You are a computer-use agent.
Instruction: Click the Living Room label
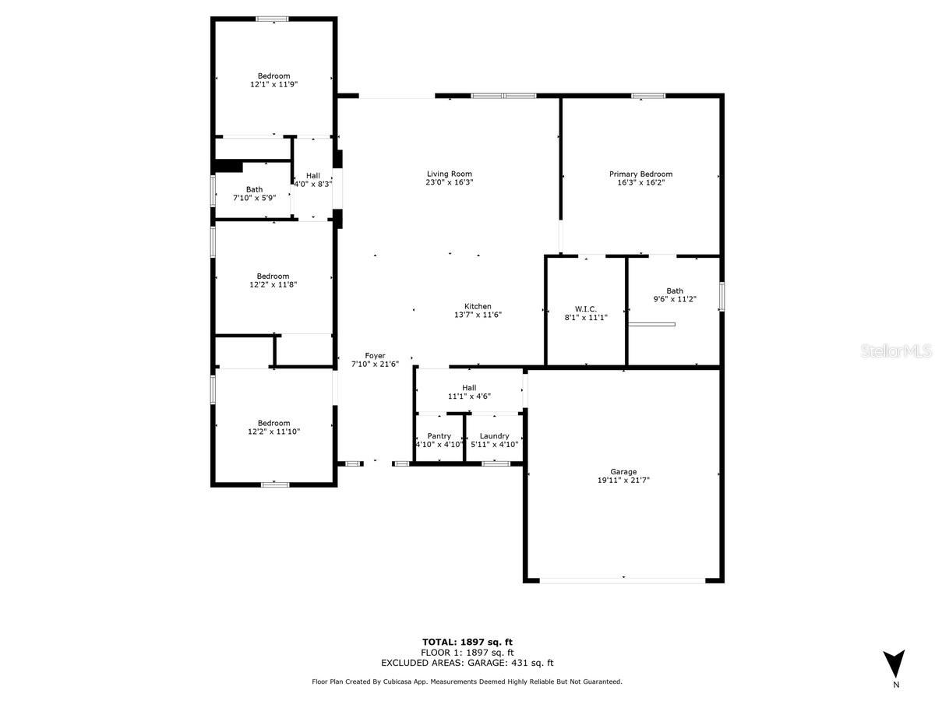[x=449, y=174]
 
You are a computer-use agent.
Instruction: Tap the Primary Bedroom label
[x=640, y=174]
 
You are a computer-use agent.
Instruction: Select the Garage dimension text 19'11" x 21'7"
[x=623, y=480]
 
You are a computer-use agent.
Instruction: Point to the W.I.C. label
[x=586, y=309]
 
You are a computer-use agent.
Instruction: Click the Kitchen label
[x=478, y=306]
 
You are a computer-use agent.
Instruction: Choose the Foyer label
[x=375, y=355]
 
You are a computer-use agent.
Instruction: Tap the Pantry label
[x=439, y=436]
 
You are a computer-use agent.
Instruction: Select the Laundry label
[x=494, y=436]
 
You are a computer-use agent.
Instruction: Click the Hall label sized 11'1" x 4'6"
[x=469, y=388]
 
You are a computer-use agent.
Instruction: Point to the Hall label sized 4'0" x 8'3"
[x=313, y=175]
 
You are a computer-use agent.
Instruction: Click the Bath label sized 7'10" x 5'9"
[x=254, y=189]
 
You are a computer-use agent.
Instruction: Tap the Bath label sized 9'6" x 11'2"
[x=675, y=291]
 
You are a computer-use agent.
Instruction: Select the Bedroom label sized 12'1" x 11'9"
[x=273, y=76]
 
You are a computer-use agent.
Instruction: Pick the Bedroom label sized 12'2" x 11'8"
[x=273, y=277]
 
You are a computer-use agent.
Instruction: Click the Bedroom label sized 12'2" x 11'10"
[x=273, y=423]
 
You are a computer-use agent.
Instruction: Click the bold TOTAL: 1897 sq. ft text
[x=467, y=642]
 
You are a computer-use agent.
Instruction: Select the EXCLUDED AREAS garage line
[x=467, y=663]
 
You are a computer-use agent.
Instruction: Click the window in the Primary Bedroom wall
[x=648, y=96]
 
